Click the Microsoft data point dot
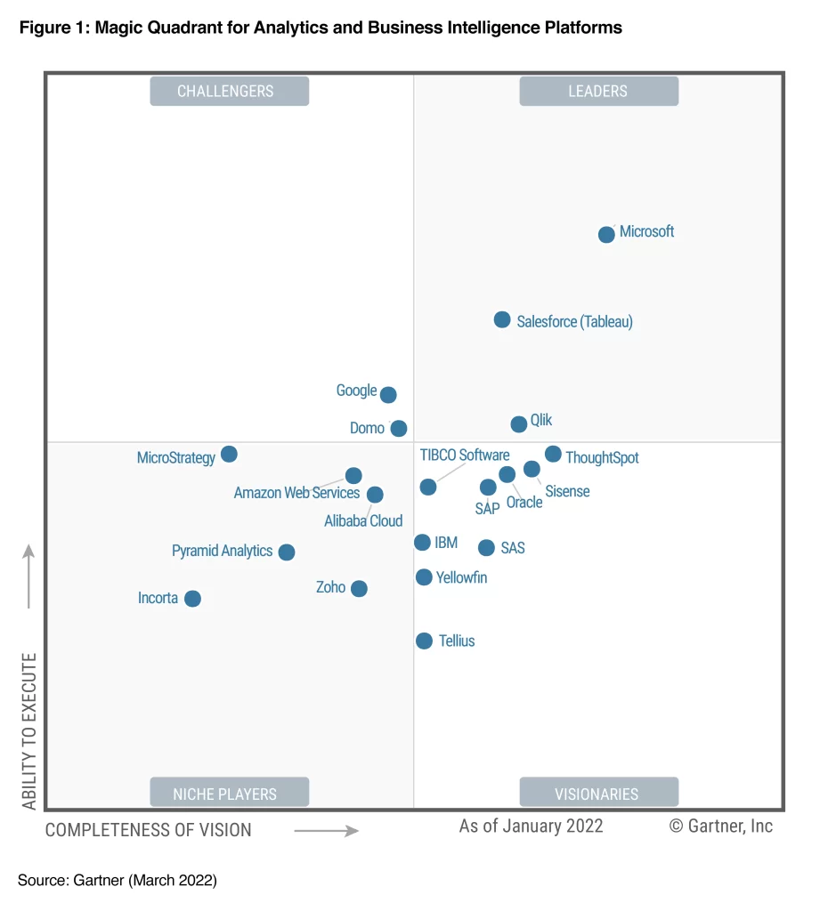click(x=606, y=235)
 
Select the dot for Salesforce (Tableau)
click(x=502, y=319)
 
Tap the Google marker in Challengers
click(x=388, y=394)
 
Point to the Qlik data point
click(x=519, y=423)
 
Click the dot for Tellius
click(x=424, y=641)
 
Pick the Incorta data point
click(x=192, y=599)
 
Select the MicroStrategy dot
click(x=229, y=454)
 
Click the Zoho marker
click(x=359, y=588)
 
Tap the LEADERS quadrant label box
click(x=598, y=91)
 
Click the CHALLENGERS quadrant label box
click(x=229, y=91)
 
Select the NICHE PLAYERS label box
click(x=229, y=793)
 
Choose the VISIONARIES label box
click(x=598, y=793)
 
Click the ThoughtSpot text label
click(x=602, y=458)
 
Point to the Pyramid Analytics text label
click(x=222, y=551)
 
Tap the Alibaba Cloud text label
click(x=363, y=521)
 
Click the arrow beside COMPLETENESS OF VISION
click(x=326, y=831)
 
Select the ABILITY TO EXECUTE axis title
click(x=30, y=731)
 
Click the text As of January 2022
click(x=531, y=826)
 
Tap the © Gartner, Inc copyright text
click(x=720, y=826)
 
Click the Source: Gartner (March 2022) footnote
click(x=117, y=881)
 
